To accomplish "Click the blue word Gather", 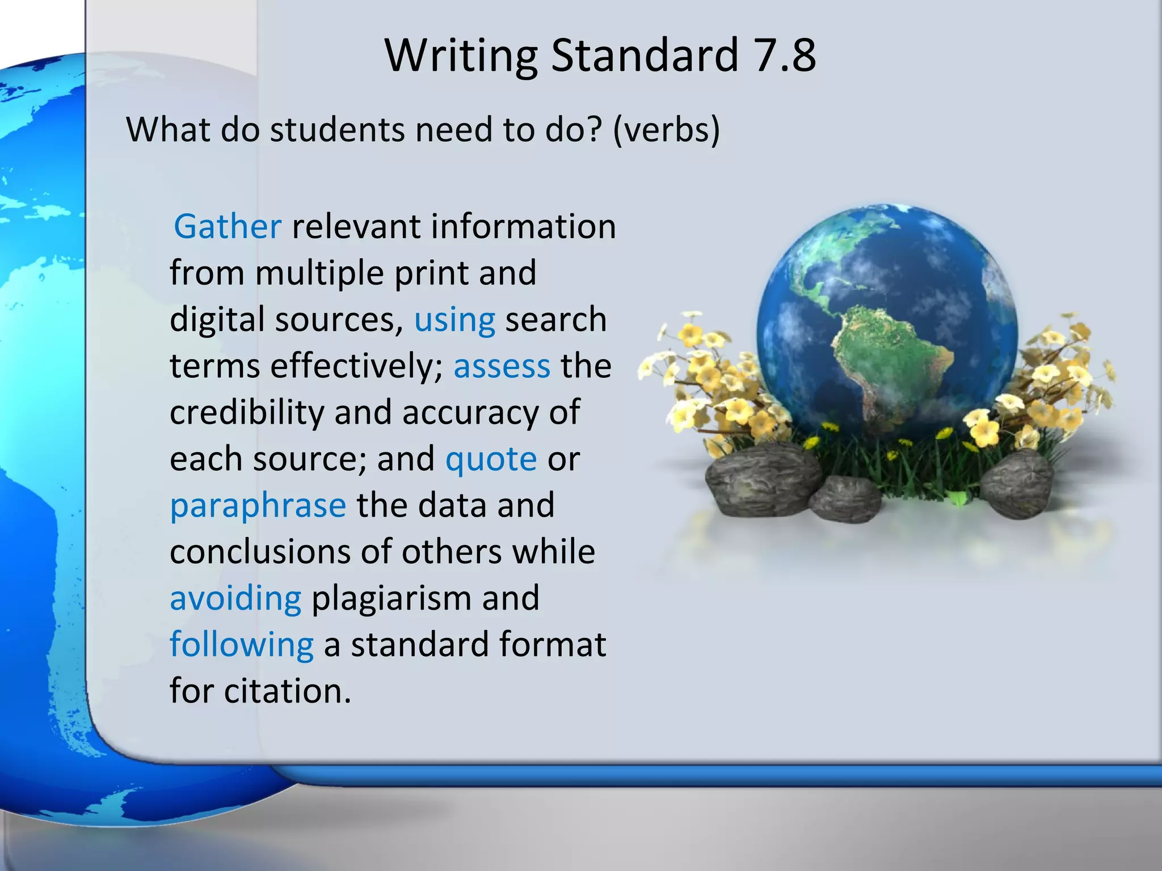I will tap(228, 227).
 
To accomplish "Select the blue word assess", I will tap(502, 366).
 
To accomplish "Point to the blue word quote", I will tap(491, 459).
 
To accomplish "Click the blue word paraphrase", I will tap(258, 506).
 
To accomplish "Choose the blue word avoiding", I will tap(235, 598).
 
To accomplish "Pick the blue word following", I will tap(242, 645).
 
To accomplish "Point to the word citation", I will tap(288, 691).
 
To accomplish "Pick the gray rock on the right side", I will tap(1016, 482).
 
